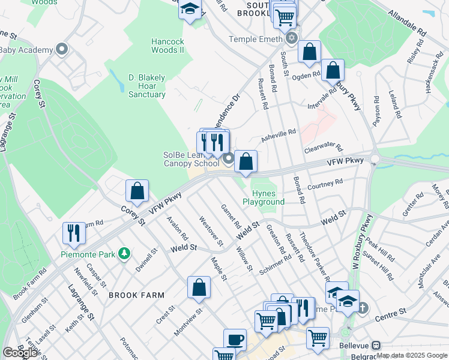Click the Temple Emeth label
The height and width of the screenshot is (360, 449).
point(255,39)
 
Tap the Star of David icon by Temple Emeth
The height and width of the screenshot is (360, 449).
point(292,39)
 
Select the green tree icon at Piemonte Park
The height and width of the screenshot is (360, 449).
point(124,254)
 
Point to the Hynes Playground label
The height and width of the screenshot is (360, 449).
point(264,197)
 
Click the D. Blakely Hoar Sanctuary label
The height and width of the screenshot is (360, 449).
point(147,86)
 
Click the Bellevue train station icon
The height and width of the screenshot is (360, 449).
point(376,346)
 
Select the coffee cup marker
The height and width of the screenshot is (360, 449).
point(235,340)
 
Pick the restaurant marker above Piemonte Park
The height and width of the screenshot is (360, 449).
point(74,233)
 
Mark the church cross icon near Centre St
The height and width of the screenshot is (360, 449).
point(363,308)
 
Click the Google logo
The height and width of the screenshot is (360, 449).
point(19,353)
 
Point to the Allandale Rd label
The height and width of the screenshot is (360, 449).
point(406,22)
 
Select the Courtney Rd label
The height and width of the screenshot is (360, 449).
point(325,184)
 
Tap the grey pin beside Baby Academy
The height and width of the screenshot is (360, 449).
point(61,49)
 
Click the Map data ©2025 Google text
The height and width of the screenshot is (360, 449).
point(411,355)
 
